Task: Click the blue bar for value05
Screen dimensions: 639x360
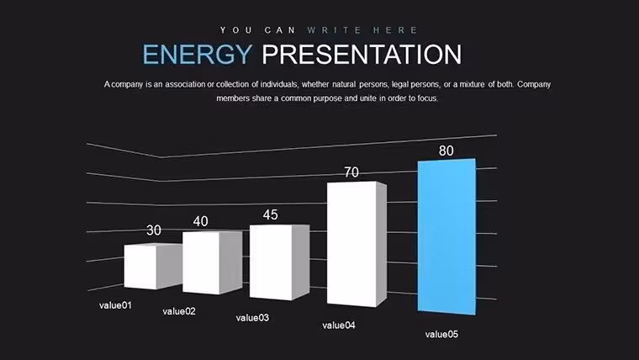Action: (x=446, y=236)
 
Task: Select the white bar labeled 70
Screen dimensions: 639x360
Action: (x=356, y=244)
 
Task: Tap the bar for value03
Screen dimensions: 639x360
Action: (x=279, y=262)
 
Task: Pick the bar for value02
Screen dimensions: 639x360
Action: (x=213, y=262)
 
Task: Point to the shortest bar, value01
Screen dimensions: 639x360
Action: (x=153, y=267)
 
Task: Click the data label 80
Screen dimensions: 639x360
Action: (x=446, y=151)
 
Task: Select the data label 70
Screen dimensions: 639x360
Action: (x=351, y=172)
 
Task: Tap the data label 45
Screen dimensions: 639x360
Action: (x=270, y=214)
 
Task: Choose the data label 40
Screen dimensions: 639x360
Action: (x=200, y=221)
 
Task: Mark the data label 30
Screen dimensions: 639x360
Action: (x=154, y=230)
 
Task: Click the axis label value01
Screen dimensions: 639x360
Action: (x=115, y=305)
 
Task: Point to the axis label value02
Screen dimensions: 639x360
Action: (x=179, y=311)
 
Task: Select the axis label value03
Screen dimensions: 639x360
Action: (x=252, y=318)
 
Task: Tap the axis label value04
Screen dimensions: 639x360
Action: (x=339, y=326)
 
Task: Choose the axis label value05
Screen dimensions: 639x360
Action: (x=441, y=334)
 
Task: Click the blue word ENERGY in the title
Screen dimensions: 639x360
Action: (x=198, y=54)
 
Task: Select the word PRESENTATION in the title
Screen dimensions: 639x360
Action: (x=362, y=54)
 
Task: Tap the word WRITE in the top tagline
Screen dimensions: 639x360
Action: (x=334, y=30)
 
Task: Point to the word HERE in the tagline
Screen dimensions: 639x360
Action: (x=395, y=30)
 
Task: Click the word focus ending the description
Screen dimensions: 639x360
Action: (x=427, y=98)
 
